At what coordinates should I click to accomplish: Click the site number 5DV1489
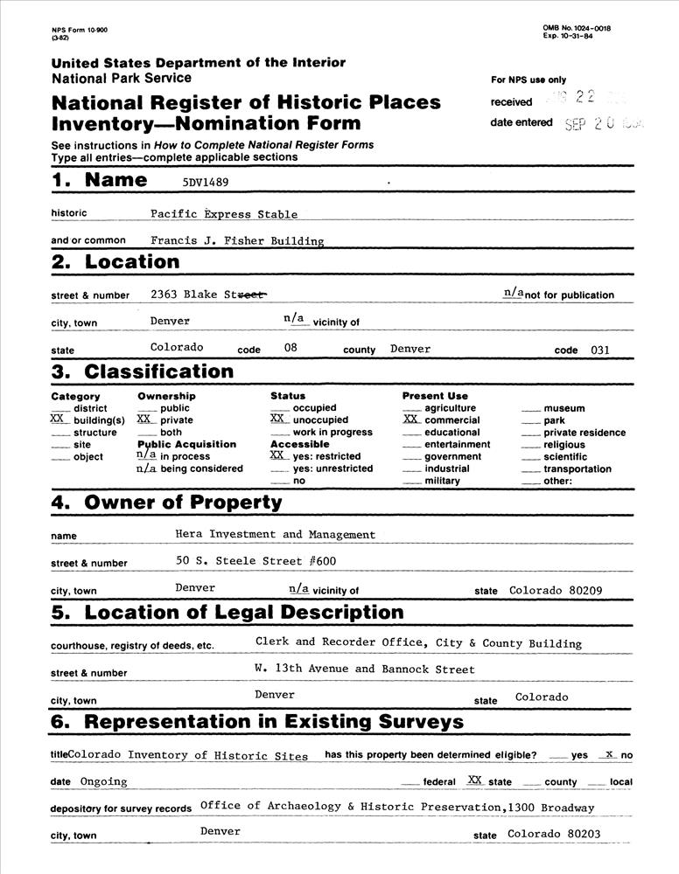pos(197,183)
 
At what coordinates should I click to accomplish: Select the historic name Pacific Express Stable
pos(223,214)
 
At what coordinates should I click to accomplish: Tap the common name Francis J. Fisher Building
pos(236,240)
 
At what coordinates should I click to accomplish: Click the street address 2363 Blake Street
pos(208,295)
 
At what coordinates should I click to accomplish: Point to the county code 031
pos(599,350)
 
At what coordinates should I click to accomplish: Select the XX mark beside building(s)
pos(58,420)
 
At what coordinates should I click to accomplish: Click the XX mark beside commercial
pos(411,420)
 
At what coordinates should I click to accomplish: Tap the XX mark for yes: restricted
pos(278,455)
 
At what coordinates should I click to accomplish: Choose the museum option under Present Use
pos(564,408)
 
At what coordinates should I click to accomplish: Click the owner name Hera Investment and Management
pos(275,535)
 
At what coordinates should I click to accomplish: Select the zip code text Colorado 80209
pos(556,591)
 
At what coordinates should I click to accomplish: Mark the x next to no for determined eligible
pos(609,753)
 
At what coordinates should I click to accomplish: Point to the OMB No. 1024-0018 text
pos(577,29)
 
